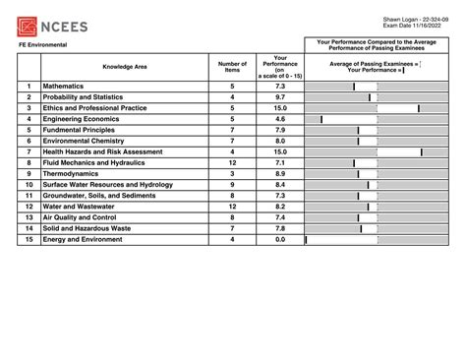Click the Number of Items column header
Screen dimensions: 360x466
click(232, 67)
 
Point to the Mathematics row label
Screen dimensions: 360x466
click(76, 87)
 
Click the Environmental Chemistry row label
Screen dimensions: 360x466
click(96, 141)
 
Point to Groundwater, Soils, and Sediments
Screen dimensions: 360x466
click(106, 195)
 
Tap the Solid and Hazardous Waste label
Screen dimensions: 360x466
click(96, 227)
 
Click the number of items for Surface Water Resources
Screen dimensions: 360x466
click(232, 184)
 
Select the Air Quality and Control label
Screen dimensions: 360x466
click(91, 216)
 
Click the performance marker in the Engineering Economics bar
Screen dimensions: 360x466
click(321, 119)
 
